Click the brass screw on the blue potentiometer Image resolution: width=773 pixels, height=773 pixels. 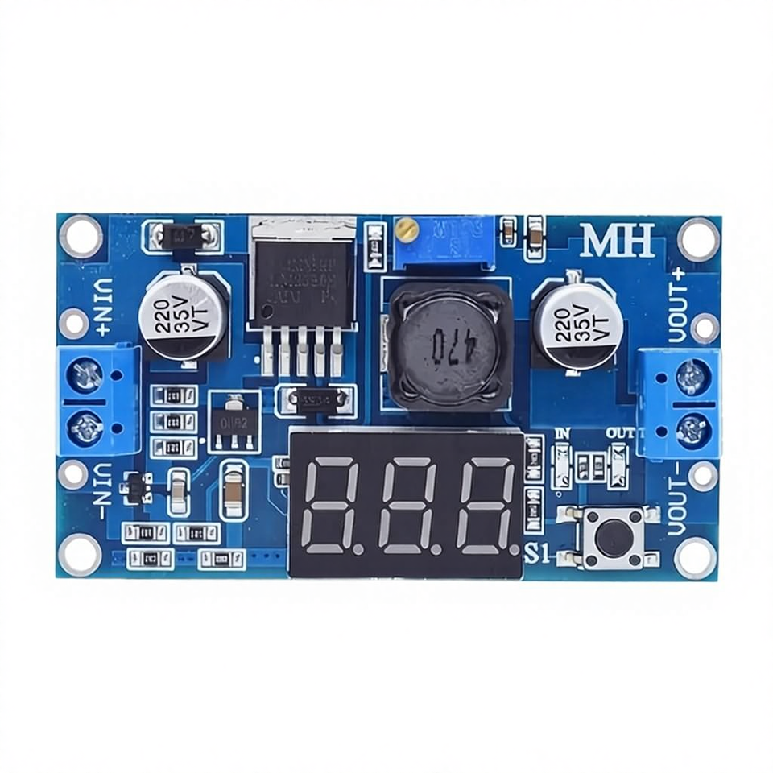click(x=407, y=234)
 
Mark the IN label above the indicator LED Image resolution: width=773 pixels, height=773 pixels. click(x=563, y=435)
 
